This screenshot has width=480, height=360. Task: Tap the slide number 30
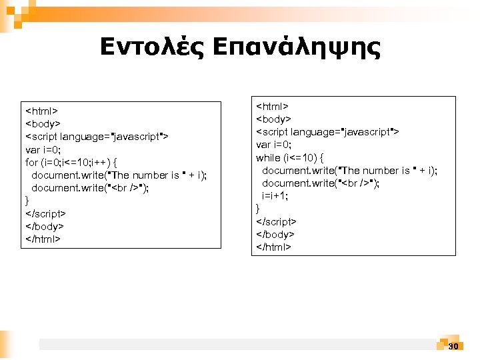[453, 346]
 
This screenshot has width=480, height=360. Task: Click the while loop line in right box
[290, 158]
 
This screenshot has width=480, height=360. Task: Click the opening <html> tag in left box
[42, 111]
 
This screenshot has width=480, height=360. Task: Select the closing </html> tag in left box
[43, 239]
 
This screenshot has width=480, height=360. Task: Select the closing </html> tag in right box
[274, 247]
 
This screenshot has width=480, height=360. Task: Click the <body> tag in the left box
[43, 123]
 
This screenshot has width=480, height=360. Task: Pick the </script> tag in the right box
[277, 221]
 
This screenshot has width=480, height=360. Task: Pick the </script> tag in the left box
[45, 213]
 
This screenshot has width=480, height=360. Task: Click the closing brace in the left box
[27, 201]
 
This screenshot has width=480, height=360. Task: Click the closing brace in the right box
[259, 209]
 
